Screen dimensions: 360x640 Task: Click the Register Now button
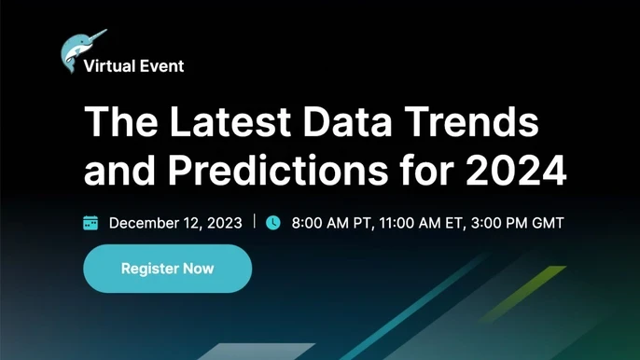click(168, 269)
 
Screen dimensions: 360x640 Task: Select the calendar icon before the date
click(91, 223)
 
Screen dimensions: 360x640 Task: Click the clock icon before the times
click(273, 223)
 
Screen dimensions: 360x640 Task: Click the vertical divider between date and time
click(255, 223)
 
